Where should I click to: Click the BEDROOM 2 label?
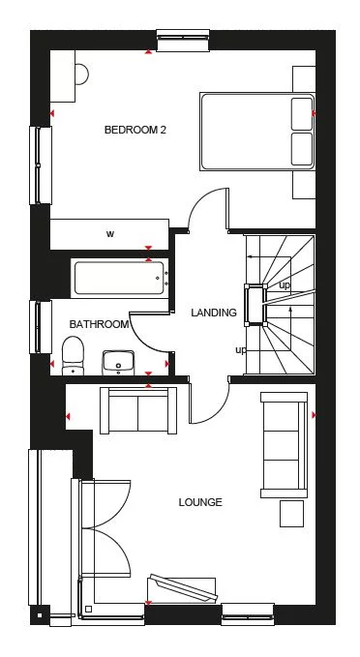(x=135, y=129)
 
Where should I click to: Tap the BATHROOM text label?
(x=98, y=325)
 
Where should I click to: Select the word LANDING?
(x=214, y=313)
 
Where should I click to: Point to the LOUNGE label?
(x=200, y=502)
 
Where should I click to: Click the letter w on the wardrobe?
(x=110, y=234)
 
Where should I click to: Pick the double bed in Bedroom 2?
(x=257, y=132)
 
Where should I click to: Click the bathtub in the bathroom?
(x=118, y=279)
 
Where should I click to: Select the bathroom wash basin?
(x=118, y=361)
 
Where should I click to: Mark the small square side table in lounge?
(x=292, y=513)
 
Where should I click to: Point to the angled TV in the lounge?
(x=181, y=588)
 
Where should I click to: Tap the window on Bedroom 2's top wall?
(x=183, y=40)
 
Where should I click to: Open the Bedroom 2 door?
(x=206, y=212)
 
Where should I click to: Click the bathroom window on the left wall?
(x=42, y=329)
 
